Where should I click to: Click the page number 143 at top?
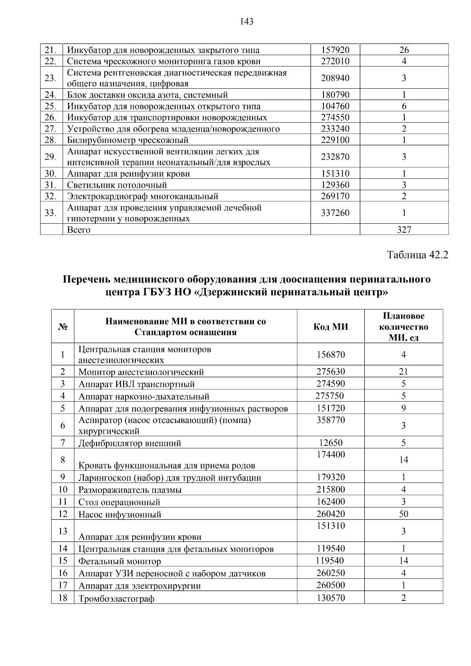click(x=246, y=22)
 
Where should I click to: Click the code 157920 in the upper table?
click(x=335, y=50)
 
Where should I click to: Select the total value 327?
click(x=404, y=230)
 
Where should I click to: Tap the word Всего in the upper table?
click(x=78, y=230)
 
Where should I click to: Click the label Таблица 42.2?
click(x=417, y=255)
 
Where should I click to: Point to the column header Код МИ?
click(x=330, y=327)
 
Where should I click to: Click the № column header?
click(x=62, y=327)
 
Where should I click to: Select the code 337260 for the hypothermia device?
click(x=335, y=213)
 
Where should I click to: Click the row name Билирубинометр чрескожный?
click(x=128, y=140)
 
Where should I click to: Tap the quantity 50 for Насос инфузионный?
click(x=403, y=514)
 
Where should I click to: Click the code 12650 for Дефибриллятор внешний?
click(x=330, y=443)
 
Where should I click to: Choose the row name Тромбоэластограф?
click(x=116, y=599)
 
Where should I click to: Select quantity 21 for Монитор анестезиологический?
click(x=403, y=372)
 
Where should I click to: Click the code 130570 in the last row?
click(x=330, y=598)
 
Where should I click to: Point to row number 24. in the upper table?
click(x=50, y=95)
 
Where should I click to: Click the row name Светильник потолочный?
click(x=117, y=185)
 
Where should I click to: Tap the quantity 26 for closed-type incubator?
click(x=404, y=50)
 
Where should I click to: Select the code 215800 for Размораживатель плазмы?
click(x=330, y=489)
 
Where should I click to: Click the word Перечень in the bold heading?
click(x=87, y=279)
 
